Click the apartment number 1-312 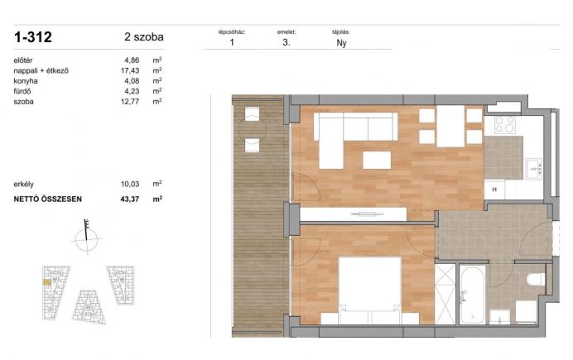tap(33, 37)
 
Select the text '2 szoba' tap(144, 37)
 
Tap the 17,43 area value tap(130, 70)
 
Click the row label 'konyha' tap(26, 81)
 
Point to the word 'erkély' tap(24, 184)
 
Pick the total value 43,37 tap(130, 199)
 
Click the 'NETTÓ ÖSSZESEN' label tap(48, 199)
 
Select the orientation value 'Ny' tap(341, 43)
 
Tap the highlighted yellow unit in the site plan tap(46, 282)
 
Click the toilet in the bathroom tap(536, 280)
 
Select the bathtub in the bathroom tap(472, 295)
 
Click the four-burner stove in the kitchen tap(505, 125)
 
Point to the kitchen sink tap(533, 169)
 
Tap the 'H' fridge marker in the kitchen tap(494, 190)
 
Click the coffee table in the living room tap(377, 160)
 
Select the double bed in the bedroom tap(370, 290)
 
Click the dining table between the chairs tap(450, 126)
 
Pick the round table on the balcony tap(253, 129)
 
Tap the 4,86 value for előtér tap(132, 60)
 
